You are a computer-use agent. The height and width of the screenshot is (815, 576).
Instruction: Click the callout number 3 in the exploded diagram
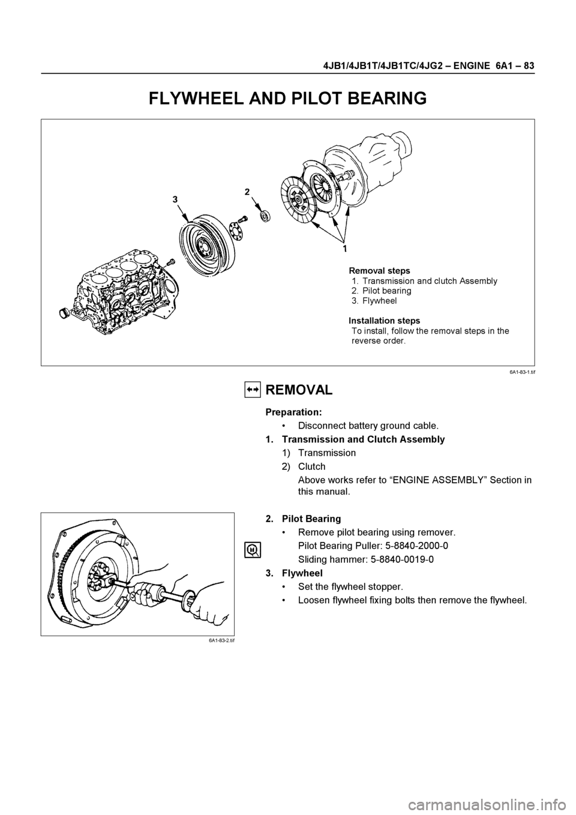[175, 199]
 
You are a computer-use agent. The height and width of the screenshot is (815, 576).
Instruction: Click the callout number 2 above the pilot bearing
[247, 192]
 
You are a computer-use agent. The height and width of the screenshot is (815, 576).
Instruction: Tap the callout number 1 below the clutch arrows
[344, 248]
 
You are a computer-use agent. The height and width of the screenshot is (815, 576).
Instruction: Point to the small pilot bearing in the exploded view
[265, 216]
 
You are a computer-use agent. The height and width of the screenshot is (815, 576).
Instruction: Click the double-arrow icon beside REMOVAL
[253, 389]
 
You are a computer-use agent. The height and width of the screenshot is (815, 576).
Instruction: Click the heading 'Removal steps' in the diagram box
[379, 271]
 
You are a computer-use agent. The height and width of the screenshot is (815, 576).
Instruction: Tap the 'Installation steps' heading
[385, 320]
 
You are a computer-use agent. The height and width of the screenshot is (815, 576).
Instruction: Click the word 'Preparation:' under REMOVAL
[294, 412]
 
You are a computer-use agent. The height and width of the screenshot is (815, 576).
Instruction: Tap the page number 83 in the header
[529, 66]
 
